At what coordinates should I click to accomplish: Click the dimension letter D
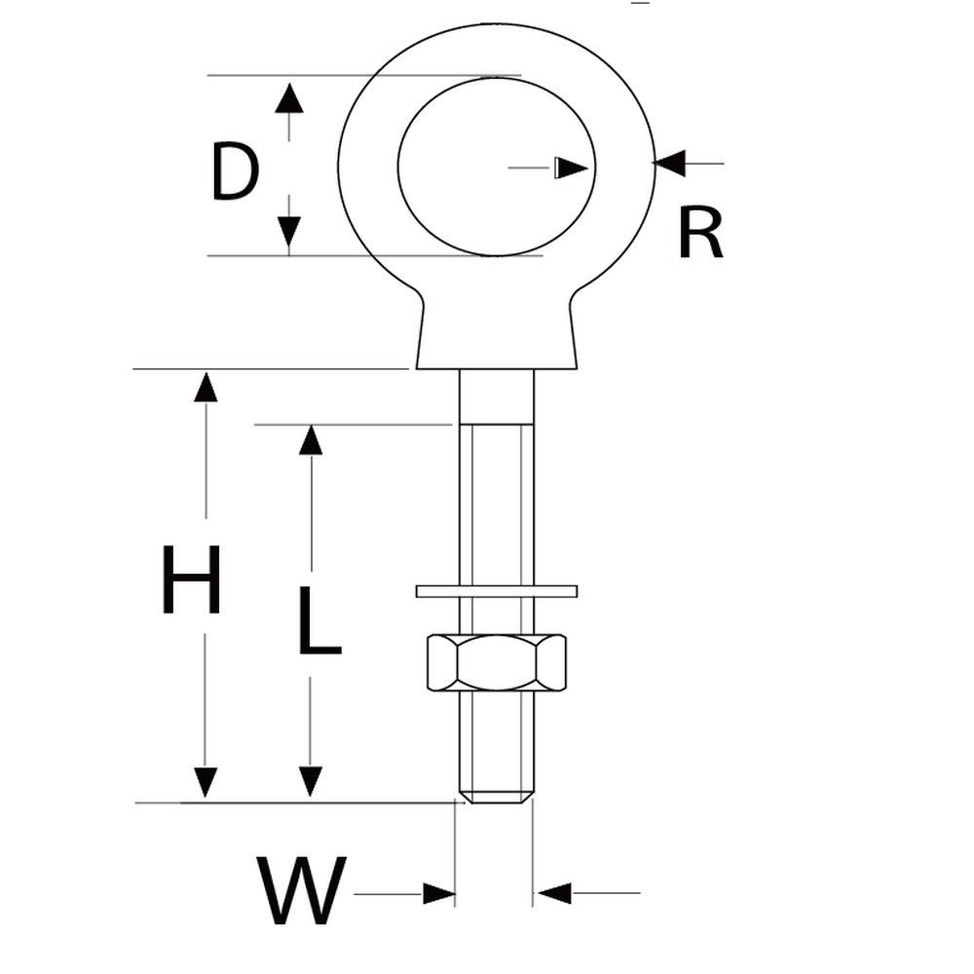point(235,171)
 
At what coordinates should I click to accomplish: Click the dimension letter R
point(700,233)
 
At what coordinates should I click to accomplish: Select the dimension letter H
point(191,579)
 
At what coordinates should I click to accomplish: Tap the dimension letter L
point(319,620)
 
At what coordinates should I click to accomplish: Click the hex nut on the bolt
point(497,662)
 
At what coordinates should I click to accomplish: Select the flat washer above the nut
point(497,591)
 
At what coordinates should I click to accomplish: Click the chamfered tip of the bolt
point(497,797)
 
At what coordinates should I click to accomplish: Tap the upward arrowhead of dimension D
point(289,97)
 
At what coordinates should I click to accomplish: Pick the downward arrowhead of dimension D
point(289,231)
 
